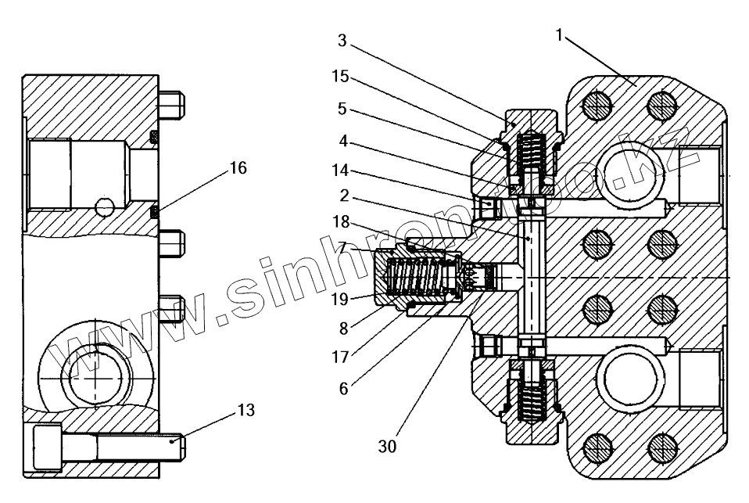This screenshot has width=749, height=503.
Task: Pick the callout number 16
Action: point(238,167)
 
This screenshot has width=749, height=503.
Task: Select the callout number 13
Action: point(245,410)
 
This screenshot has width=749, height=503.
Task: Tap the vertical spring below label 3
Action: point(532,156)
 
